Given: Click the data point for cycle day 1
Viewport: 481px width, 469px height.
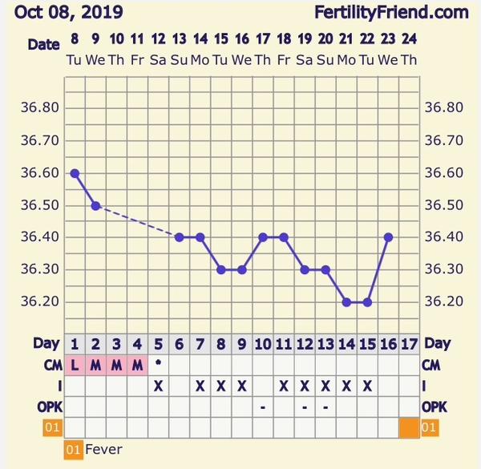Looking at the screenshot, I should click(x=75, y=173).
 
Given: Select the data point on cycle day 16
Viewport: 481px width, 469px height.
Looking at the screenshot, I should click(x=388, y=237).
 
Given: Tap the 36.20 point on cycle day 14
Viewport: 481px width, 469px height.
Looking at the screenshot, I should click(x=346, y=302).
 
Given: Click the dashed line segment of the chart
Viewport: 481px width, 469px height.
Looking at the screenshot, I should click(x=137, y=220).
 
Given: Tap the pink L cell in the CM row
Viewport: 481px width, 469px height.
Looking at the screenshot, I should click(x=75, y=365).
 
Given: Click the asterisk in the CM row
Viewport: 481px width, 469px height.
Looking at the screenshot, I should click(x=158, y=363).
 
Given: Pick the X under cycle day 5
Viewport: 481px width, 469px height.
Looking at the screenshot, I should click(x=158, y=386).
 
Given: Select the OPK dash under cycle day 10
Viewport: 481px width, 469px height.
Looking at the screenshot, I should click(x=262, y=406).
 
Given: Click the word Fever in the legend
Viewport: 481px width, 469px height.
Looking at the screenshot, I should click(x=103, y=450).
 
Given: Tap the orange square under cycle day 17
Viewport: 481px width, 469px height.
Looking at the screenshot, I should click(x=409, y=427).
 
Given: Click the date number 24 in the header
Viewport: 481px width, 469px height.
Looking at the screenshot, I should click(x=409, y=38).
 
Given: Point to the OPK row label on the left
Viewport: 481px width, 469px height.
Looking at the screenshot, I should click(x=47, y=406).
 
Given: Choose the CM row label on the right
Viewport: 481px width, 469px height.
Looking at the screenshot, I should click(x=431, y=365).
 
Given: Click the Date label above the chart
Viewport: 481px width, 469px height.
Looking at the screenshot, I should click(x=44, y=45).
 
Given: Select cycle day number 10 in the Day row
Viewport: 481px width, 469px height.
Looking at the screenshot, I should click(x=262, y=344).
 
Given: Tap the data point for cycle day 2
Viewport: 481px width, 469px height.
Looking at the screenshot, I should click(x=95, y=205).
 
